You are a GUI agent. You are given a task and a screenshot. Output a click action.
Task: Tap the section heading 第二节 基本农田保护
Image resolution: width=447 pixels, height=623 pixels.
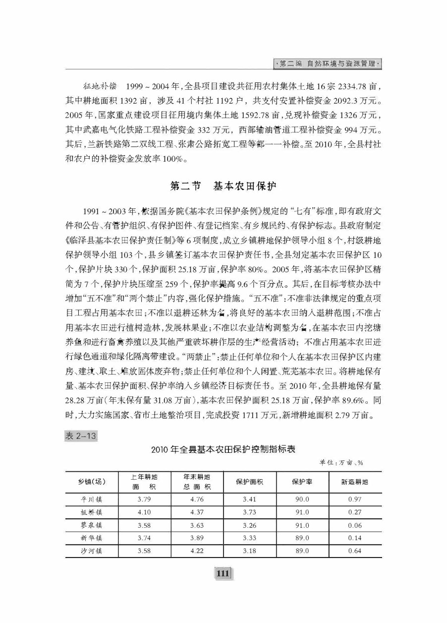[223, 187]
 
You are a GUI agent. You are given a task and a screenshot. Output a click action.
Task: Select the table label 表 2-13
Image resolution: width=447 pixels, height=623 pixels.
[80, 436]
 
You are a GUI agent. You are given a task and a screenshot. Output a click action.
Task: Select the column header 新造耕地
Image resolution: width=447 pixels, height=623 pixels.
[355, 482]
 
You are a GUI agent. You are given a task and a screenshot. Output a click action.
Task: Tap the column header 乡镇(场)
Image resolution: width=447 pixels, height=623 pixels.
[92, 482]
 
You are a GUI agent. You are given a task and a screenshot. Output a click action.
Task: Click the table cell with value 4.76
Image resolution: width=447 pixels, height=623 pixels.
[197, 499]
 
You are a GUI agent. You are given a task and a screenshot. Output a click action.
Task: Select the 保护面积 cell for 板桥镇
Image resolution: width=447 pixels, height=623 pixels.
[249, 512]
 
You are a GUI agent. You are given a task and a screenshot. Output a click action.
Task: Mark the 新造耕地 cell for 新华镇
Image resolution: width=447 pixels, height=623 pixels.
[355, 538]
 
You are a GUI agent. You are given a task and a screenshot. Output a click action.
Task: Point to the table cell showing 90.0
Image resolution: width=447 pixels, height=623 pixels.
[301, 499]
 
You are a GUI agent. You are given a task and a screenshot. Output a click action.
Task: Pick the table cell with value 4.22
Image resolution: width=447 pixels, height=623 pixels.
[197, 551]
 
